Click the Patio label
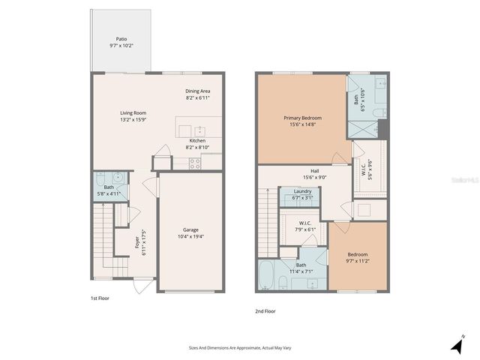tap(121, 42)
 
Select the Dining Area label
tap(198, 94)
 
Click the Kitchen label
tap(197, 144)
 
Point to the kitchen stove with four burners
tap(195, 163)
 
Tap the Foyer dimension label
tap(139, 242)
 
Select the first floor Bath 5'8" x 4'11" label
tap(109, 190)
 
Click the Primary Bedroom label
tap(302, 121)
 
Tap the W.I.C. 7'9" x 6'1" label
tap(304, 226)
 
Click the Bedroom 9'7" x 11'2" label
tap(357, 258)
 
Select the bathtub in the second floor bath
tap(268, 277)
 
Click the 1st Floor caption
tap(100, 298)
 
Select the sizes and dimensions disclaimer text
tap(239, 349)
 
